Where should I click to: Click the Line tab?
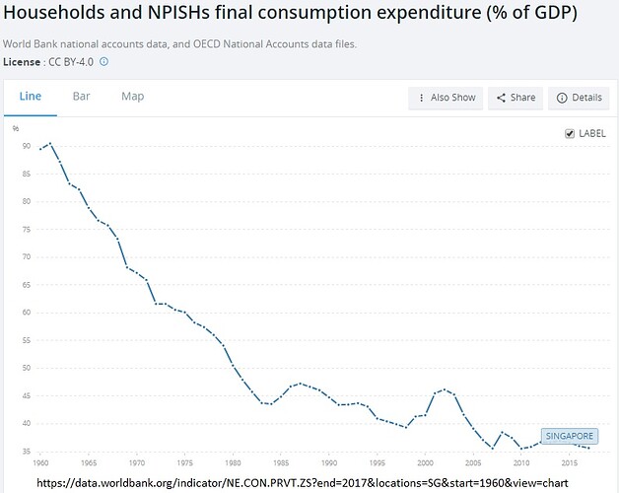[x=31, y=97]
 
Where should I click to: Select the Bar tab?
[x=81, y=97]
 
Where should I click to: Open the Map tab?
[x=132, y=97]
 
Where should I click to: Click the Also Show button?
[x=447, y=98]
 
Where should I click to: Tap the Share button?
[x=516, y=98]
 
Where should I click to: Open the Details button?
[x=579, y=98]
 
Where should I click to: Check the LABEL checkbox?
[x=570, y=134]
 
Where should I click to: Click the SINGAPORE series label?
[x=569, y=436]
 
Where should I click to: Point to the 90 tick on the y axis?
[x=26, y=146]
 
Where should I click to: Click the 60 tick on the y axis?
[x=26, y=313]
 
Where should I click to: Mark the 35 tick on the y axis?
[x=26, y=452]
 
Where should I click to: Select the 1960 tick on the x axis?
[x=40, y=461]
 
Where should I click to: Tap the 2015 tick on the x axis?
[x=570, y=461]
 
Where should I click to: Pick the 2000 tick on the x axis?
[x=425, y=461]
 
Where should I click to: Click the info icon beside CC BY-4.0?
[x=103, y=61]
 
